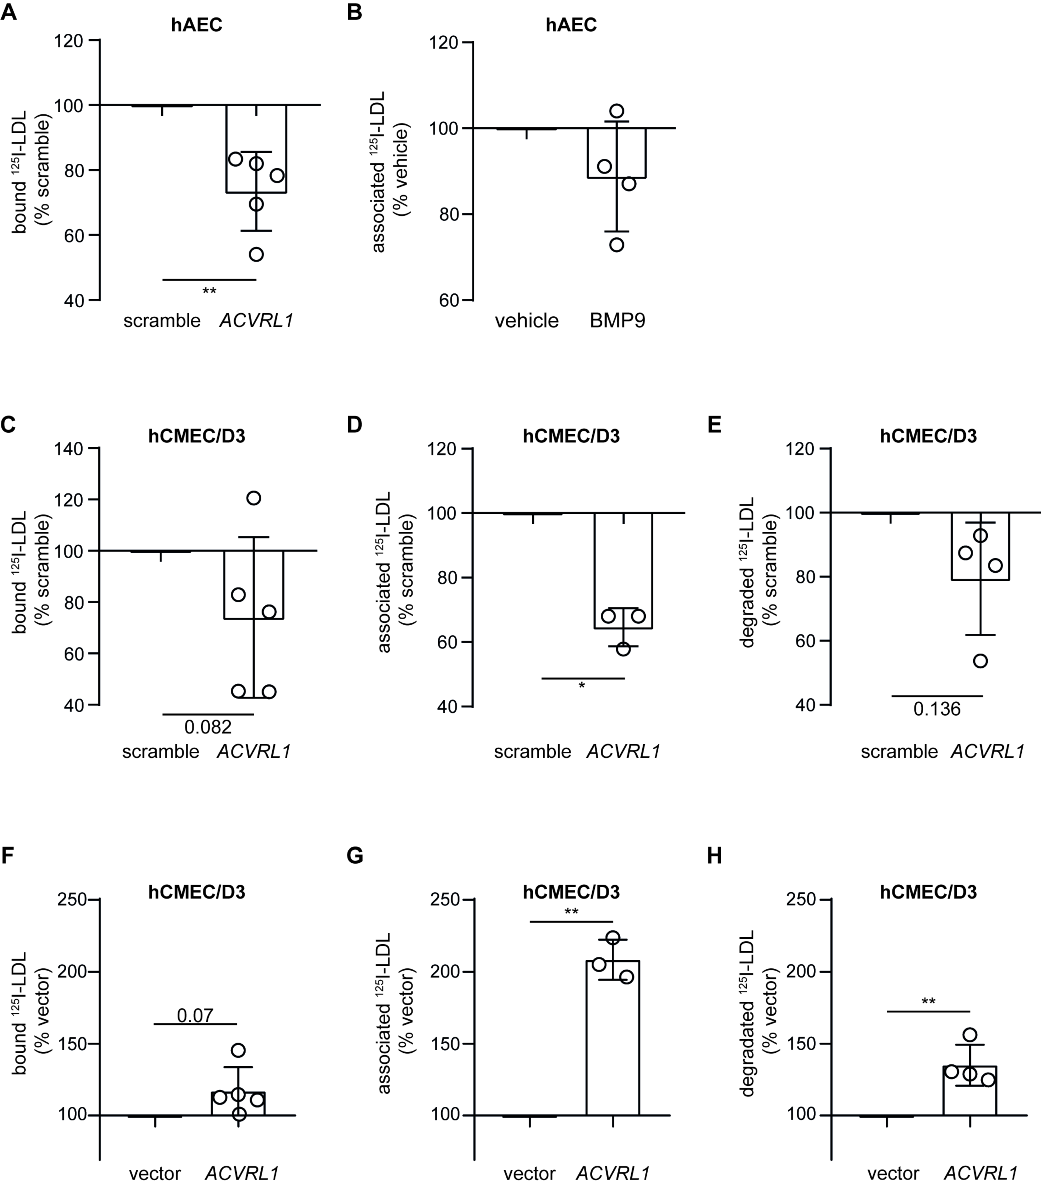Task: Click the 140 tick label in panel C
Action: tap(68, 449)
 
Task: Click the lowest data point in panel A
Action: tap(256, 254)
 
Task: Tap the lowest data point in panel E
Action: tap(980, 661)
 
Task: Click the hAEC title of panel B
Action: tap(571, 25)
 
